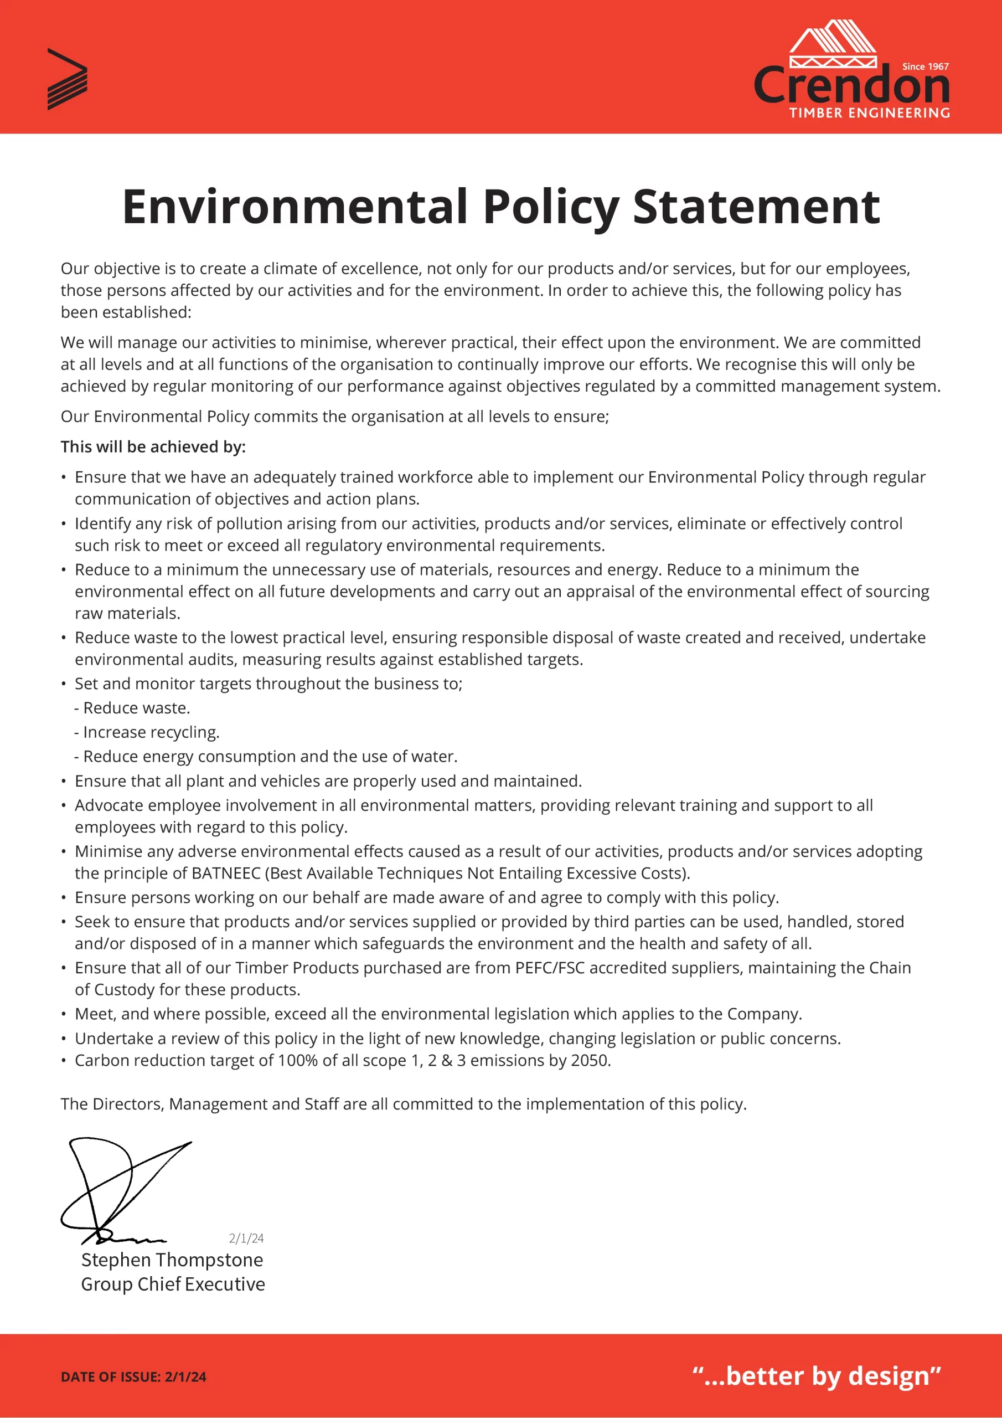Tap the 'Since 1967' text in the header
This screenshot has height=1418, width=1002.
pos(925,66)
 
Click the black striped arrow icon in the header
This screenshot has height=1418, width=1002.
pos(66,79)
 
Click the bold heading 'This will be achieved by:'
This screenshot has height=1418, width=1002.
pos(153,446)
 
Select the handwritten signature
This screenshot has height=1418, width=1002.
pos(123,1190)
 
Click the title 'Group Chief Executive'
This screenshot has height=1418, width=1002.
pos(173,1283)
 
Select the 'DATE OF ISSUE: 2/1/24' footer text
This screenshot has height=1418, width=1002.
pos(133,1376)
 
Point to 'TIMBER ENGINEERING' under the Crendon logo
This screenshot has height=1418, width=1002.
pos(869,112)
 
